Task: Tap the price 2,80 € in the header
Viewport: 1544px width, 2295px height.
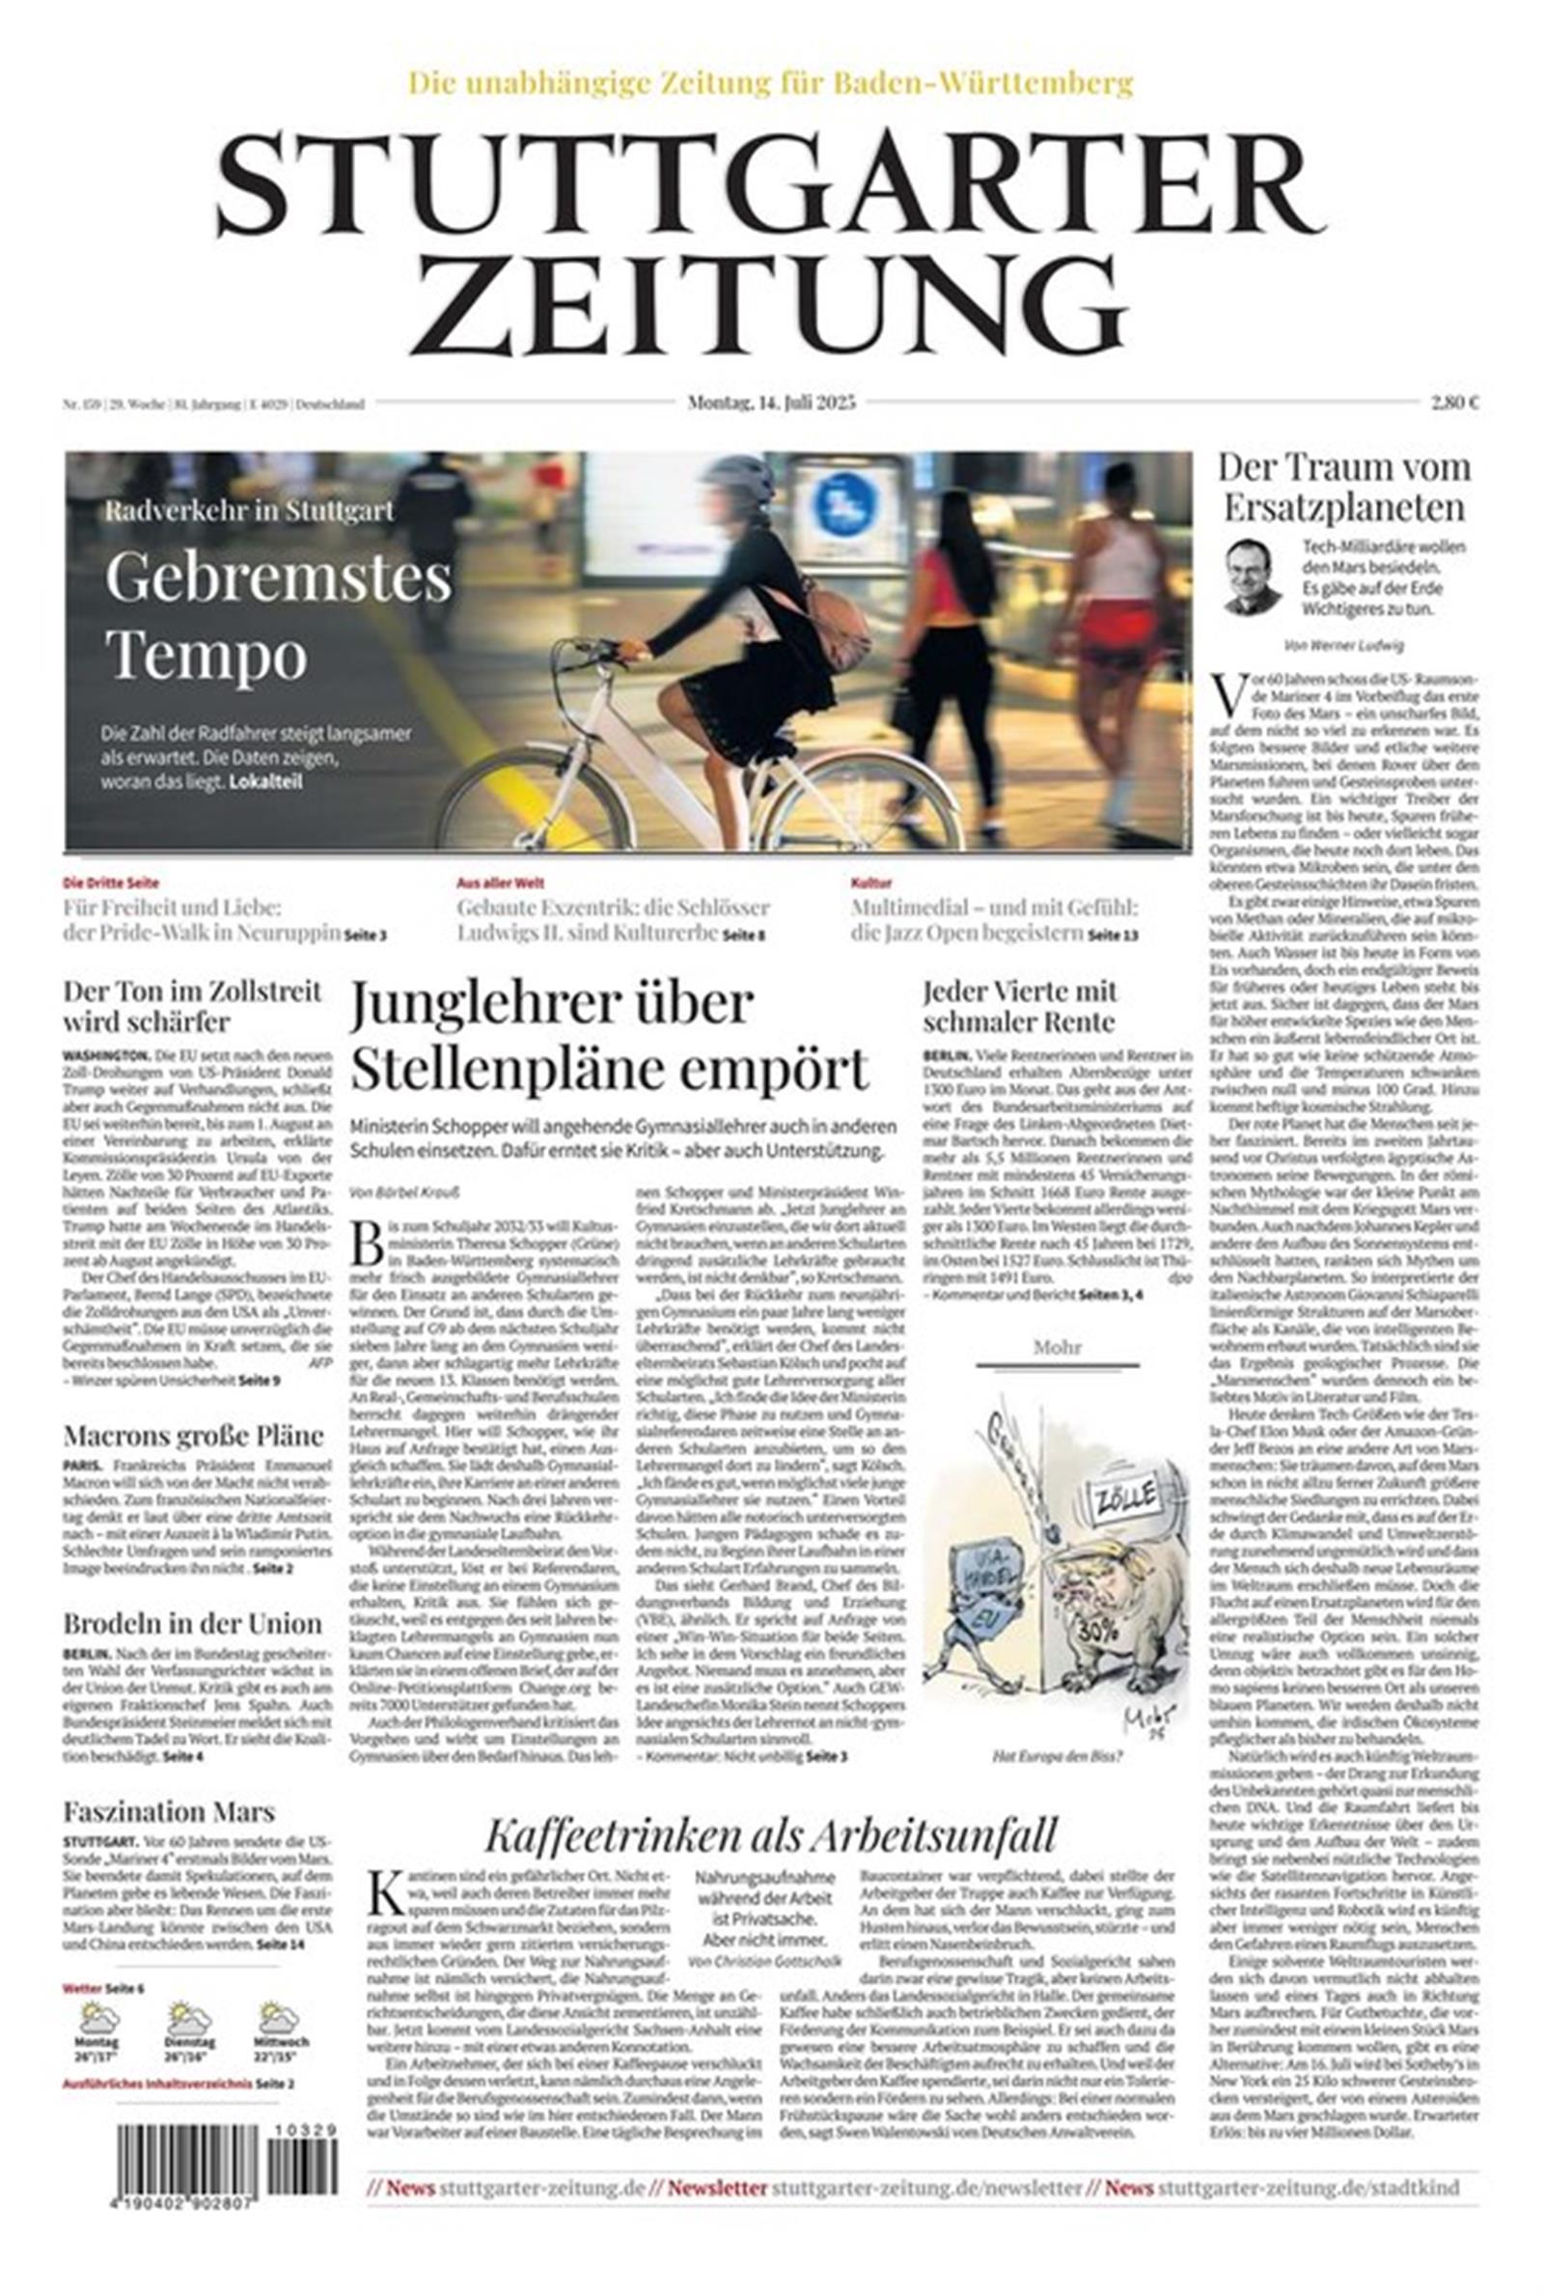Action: pyautogui.click(x=1454, y=402)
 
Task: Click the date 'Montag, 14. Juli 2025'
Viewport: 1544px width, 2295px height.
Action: pyautogui.click(x=771, y=402)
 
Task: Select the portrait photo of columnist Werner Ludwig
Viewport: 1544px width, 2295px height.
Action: pyautogui.click(x=1252, y=576)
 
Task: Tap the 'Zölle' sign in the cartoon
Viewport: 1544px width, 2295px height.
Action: pyautogui.click(x=1122, y=1501)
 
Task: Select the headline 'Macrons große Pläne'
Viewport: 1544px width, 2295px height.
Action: pyautogui.click(x=193, y=1435)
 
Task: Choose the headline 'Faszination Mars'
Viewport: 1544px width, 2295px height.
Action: pyautogui.click(x=168, y=1811)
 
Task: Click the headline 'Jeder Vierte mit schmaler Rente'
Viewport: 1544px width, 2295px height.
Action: pyautogui.click(x=1020, y=1005)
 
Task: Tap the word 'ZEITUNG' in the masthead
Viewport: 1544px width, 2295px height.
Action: pyautogui.click(x=767, y=300)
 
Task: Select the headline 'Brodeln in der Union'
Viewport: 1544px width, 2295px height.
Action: pyautogui.click(x=193, y=1623)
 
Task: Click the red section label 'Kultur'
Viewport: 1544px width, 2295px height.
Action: pyautogui.click(x=870, y=883)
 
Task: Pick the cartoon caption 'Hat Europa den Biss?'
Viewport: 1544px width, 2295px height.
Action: pyautogui.click(x=1058, y=1755)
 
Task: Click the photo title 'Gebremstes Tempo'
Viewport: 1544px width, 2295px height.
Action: pyautogui.click(x=278, y=616)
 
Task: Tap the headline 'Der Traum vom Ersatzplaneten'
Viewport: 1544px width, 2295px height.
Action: pyautogui.click(x=1344, y=487)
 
